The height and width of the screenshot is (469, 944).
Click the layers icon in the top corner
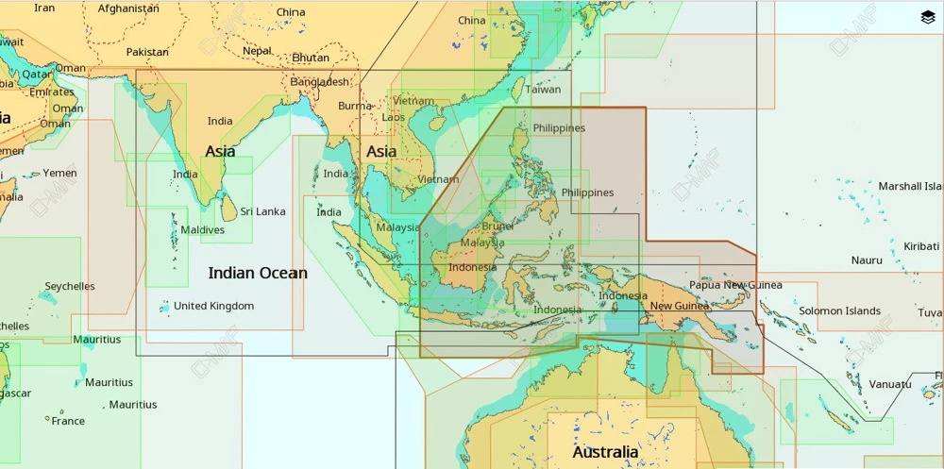(x=927, y=17)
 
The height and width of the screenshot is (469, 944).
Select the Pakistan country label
(x=147, y=52)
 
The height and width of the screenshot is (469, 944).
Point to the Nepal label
(x=257, y=51)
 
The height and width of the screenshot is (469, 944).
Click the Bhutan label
(x=311, y=58)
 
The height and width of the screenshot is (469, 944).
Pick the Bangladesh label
(x=319, y=82)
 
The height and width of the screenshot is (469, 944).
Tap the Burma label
(x=355, y=106)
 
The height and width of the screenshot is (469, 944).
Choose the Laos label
(x=394, y=118)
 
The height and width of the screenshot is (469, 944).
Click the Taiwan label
(x=543, y=90)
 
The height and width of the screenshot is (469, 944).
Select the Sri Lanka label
(x=262, y=211)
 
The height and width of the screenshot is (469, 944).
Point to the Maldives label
(x=203, y=229)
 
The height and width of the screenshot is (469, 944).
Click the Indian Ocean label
(x=257, y=273)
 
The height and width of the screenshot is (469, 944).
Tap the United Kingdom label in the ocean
(x=213, y=306)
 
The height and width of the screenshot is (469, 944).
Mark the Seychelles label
(x=70, y=286)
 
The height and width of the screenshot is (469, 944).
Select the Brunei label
(x=497, y=226)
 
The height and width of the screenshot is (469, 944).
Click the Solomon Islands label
(x=839, y=310)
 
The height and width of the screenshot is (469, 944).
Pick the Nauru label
(x=867, y=260)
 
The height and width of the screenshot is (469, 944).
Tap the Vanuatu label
(x=890, y=384)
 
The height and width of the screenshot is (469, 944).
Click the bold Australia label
(x=605, y=452)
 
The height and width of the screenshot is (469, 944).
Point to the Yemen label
(x=59, y=173)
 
